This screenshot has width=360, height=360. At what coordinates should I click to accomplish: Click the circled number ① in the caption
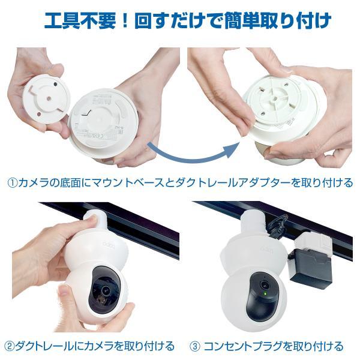coord(13,183)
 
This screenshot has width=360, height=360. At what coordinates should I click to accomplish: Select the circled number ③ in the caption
coord(196,346)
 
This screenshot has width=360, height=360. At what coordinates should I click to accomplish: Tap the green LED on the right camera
coord(265,293)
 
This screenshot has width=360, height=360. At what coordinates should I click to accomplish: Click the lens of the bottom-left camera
coord(106,290)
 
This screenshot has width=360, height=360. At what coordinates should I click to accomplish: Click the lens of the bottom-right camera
coord(264,284)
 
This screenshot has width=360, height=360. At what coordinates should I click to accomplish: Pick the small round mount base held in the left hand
coord(46,98)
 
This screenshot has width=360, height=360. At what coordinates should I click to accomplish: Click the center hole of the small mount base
coord(49,98)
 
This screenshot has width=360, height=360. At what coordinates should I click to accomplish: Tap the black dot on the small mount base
coord(55,85)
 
